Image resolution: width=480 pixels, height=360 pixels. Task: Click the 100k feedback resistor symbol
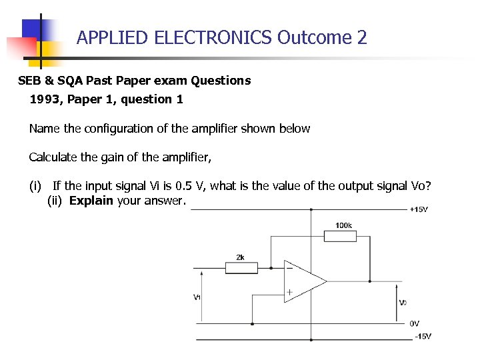339,236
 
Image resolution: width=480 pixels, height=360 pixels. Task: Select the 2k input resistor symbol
241,268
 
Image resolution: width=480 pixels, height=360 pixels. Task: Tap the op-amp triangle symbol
304,281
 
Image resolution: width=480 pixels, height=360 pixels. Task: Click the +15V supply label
419,209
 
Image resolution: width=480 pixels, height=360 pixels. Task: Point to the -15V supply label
422,336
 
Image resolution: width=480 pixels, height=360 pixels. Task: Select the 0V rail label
414,323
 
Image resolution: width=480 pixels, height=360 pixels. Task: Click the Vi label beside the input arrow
197,297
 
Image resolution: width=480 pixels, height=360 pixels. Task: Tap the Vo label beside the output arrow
403,303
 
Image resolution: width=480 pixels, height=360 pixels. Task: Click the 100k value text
344,225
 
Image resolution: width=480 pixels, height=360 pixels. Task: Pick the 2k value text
240,257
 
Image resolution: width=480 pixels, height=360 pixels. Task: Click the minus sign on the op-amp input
289,267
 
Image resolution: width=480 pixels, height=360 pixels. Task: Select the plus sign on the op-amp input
289,292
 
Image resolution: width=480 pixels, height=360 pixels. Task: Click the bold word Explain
91,201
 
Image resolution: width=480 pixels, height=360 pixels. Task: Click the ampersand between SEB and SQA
50,81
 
